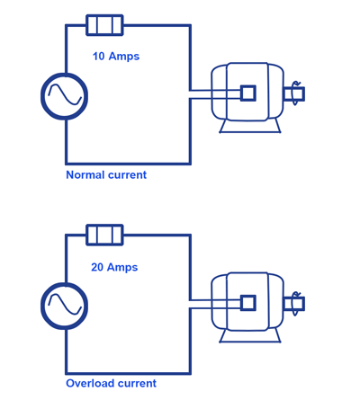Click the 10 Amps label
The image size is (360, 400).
click(116, 57)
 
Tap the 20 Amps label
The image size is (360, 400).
click(114, 267)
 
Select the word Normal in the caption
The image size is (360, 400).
click(85, 174)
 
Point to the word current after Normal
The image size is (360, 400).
click(127, 174)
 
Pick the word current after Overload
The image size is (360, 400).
click(137, 383)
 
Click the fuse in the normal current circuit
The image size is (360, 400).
click(104, 25)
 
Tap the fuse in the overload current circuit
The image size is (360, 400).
click(104, 235)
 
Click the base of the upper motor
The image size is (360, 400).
click(250, 131)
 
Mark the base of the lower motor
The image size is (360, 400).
click(250, 341)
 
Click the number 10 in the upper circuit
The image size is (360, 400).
click(98, 56)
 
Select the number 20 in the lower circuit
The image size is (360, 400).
click(97, 267)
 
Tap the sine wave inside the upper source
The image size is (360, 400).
click(65, 94)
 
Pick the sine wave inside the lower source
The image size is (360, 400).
click(65, 305)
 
